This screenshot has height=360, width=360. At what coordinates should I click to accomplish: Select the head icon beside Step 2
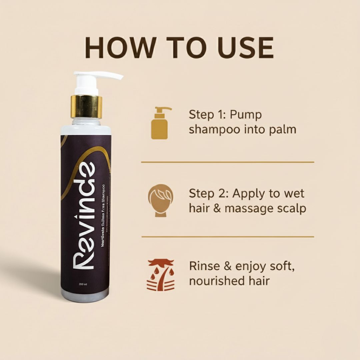coord(161,201)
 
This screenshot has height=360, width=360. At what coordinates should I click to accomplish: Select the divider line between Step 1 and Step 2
coord(228,162)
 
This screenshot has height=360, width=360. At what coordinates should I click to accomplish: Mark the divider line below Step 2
coord(228,237)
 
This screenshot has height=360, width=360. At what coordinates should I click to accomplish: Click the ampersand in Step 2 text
coord(217,209)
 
